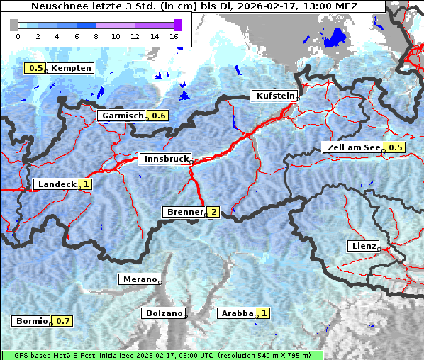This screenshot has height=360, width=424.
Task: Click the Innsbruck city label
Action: point(164,159)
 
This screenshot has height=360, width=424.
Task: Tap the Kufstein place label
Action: point(274,96)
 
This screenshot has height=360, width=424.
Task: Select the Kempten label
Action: point(71,68)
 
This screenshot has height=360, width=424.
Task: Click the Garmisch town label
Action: point(122,116)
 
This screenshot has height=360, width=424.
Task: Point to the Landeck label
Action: point(56,184)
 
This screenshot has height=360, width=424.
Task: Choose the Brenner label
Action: point(184,212)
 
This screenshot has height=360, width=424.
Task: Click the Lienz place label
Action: point(362,246)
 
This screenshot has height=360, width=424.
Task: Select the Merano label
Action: point(139,279)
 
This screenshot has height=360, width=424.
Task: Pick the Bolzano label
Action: point(163,313)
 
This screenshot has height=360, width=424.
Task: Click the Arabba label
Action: point(236,313)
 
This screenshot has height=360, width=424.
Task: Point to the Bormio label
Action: point(31,321)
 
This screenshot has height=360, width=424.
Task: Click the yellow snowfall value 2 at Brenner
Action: point(213,212)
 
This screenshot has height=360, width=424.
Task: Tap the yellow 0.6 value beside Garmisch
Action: point(159,116)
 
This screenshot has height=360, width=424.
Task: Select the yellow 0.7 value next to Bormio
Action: point(64,321)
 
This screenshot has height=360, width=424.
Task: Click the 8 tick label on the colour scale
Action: point(96,35)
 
